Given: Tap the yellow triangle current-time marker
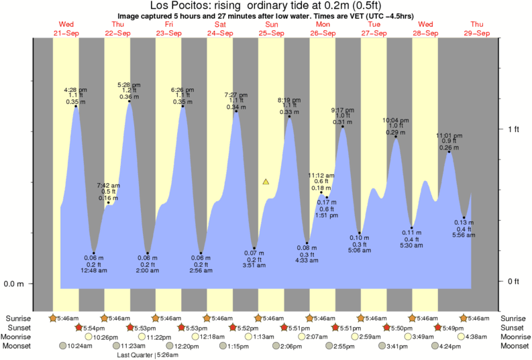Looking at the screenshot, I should [266, 181].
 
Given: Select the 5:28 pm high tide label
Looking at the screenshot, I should [129, 85].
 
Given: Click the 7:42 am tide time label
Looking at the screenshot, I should [108, 185].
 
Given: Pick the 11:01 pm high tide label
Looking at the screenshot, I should [448, 135].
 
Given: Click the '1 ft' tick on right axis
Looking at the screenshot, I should [513, 129].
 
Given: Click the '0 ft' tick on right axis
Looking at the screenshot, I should [513, 281].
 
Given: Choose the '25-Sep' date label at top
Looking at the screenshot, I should [272, 33].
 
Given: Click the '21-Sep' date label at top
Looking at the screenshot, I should [66, 33].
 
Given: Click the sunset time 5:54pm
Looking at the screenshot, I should [94, 327].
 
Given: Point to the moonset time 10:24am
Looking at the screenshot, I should [82, 346].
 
